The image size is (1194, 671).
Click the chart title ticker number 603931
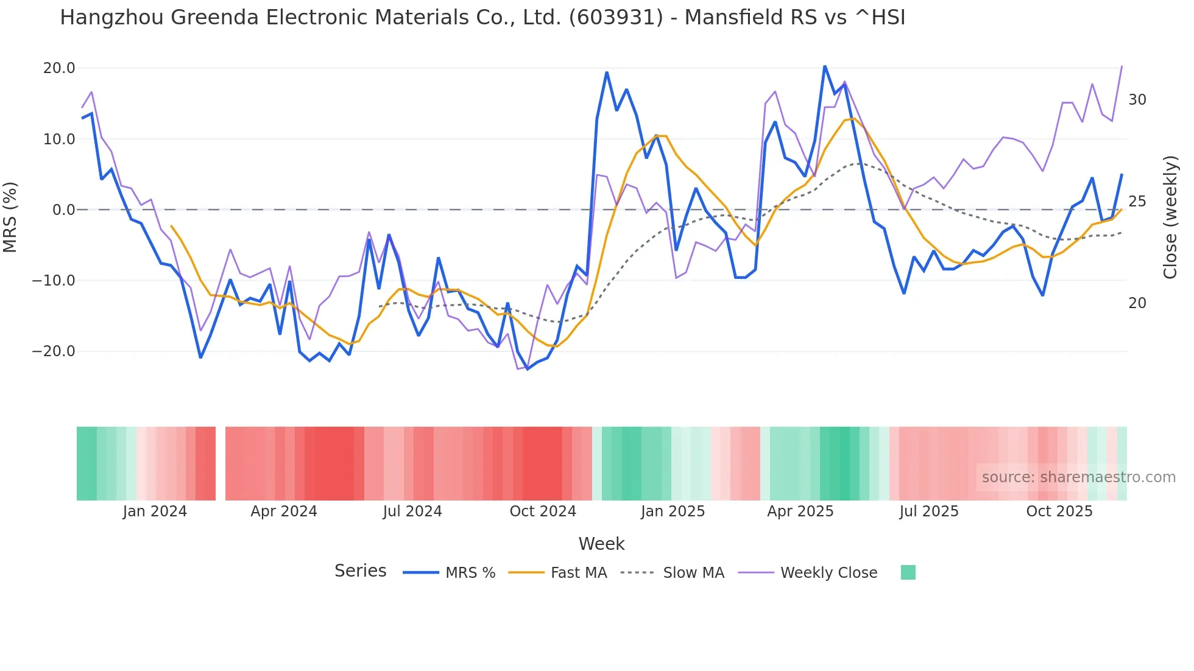616,17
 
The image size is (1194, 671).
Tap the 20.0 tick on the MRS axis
59,68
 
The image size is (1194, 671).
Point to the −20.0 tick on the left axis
54,351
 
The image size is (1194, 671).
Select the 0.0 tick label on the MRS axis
64,210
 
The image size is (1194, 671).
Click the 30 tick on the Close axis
1137,100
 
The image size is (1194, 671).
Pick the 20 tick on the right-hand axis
1137,303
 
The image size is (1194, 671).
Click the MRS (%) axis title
10,217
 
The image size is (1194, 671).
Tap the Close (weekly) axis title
1170,217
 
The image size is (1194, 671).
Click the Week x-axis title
601,544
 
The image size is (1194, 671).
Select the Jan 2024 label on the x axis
155,511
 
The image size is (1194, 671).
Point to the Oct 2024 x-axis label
543,511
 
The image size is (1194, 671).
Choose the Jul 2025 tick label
929,511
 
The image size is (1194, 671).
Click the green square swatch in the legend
908,572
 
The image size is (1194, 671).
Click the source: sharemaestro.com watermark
1078,477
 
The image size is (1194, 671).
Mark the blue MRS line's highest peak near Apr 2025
825,66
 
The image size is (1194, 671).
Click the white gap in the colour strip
221,463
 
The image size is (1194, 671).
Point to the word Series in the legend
360,571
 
